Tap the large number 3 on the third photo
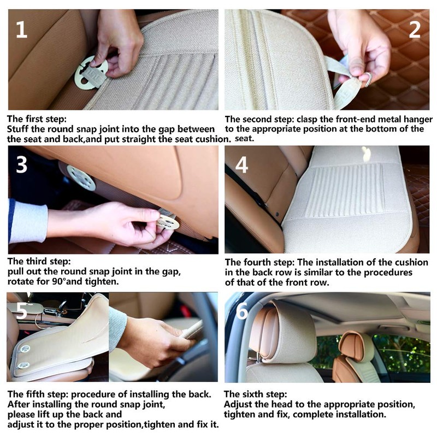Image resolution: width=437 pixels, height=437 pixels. coord(21,164)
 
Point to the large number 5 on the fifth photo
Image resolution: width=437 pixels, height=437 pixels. coord(21,310)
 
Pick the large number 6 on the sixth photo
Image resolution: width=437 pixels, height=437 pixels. coord(241,310)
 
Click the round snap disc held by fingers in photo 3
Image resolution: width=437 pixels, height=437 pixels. coord(167,222)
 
